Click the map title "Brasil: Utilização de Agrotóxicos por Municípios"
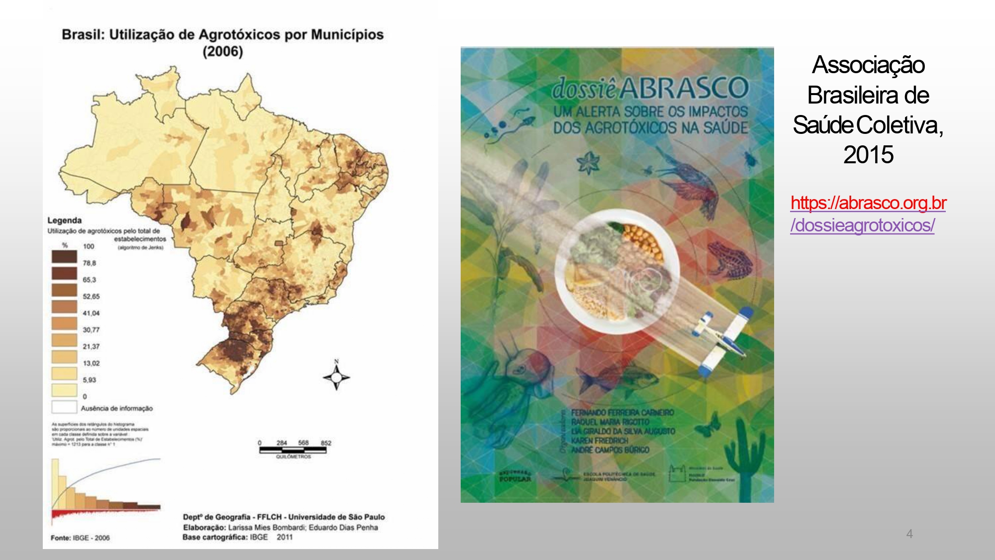(222, 35)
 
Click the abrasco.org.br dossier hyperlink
(868, 214)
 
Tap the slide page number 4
(909, 534)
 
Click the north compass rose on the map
(336, 377)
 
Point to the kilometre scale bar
(293, 449)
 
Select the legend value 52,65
(91, 296)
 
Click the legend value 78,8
(90, 263)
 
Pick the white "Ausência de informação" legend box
(64, 407)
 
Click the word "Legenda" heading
(64, 220)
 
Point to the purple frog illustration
(729, 260)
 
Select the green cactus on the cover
(744, 458)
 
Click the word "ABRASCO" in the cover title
(684, 88)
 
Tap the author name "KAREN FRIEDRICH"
(599, 441)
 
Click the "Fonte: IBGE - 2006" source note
(80, 538)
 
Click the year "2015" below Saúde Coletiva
(868, 155)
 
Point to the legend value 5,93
(90, 380)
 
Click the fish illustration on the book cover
(617, 378)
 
